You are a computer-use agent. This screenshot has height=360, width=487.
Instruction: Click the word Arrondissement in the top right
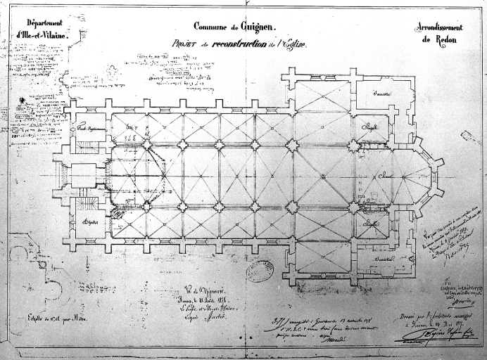(439, 26)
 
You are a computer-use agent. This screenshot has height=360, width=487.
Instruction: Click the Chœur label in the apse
(385, 176)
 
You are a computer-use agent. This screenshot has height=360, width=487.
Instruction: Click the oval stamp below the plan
(260, 271)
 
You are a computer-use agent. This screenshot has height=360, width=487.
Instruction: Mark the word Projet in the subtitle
(184, 43)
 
